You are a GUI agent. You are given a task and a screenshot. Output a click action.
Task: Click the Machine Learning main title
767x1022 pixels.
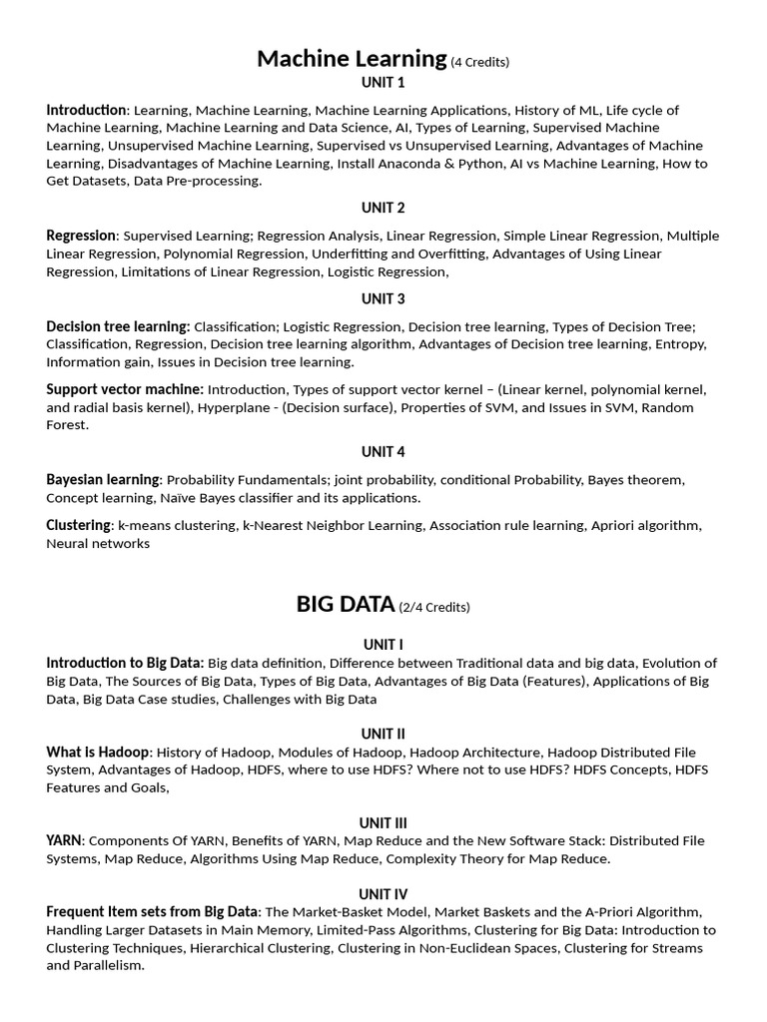(x=352, y=59)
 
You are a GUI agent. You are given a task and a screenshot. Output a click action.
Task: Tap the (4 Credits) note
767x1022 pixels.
(x=480, y=62)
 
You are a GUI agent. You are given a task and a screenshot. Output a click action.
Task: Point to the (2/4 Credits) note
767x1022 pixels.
(x=434, y=607)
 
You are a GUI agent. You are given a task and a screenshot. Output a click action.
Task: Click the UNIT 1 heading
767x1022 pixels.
(x=383, y=83)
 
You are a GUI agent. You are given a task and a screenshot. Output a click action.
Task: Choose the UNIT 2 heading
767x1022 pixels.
(x=383, y=208)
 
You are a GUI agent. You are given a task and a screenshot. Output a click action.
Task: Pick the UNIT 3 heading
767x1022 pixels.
(x=383, y=298)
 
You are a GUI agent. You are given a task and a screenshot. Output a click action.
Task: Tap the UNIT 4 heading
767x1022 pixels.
(x=383, y=452)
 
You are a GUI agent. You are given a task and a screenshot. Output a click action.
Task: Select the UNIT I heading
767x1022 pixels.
(x=383, y=645)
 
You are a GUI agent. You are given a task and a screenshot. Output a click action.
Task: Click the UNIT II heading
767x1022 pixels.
(x=383, y=734)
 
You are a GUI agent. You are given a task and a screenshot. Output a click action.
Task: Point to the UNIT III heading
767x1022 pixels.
(x=383, y=823)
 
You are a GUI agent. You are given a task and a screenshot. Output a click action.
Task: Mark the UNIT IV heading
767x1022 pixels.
(x=383, y=894)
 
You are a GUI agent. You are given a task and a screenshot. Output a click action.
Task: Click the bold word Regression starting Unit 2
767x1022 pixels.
(x=81, y=236)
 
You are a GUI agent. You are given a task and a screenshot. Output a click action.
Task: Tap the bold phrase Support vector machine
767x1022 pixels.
(x=125, y=389)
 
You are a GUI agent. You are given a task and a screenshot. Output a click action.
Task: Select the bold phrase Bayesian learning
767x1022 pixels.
(x=103, y=480)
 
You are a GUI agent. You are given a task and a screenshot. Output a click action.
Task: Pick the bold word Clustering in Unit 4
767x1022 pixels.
(x=78, y=525)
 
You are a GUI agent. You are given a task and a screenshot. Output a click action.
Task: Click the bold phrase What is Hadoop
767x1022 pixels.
(x=98, y=753)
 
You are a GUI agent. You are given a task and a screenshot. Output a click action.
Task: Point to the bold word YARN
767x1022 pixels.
(x=65, y=841)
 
